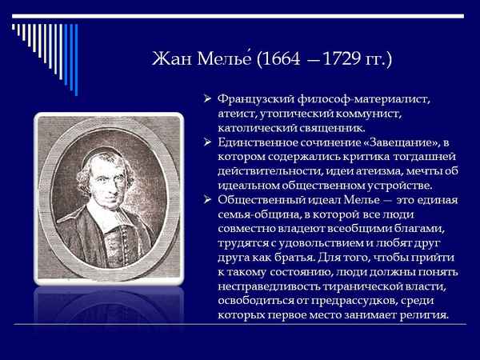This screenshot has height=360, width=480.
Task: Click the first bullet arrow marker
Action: (x=207, y=99)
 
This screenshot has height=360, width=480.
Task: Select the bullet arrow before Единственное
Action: (x=207, y=142)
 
